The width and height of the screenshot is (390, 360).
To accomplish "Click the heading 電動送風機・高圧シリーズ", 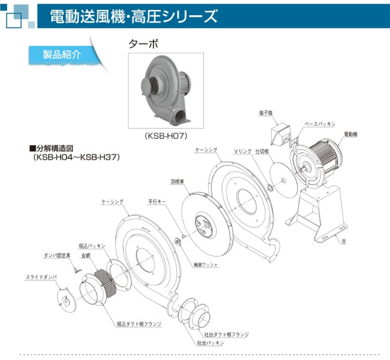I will [x=134, y=16].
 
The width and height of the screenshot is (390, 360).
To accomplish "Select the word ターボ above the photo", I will [x=143, y=44].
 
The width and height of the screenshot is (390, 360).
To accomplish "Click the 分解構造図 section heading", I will [x=55, y=148].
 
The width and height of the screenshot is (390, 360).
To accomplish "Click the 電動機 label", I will [x=350, y=134].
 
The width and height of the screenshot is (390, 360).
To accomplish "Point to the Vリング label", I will [x=242, y=151].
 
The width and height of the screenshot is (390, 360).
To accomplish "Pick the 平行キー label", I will [x=156, y=202].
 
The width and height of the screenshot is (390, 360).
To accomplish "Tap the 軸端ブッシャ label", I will [x=206, y=264].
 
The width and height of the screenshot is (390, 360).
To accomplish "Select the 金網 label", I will [x=85, y=255].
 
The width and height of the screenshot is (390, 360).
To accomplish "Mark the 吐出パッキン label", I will [x=210, y=342].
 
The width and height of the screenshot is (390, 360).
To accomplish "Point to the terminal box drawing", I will [x=278, y=133].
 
